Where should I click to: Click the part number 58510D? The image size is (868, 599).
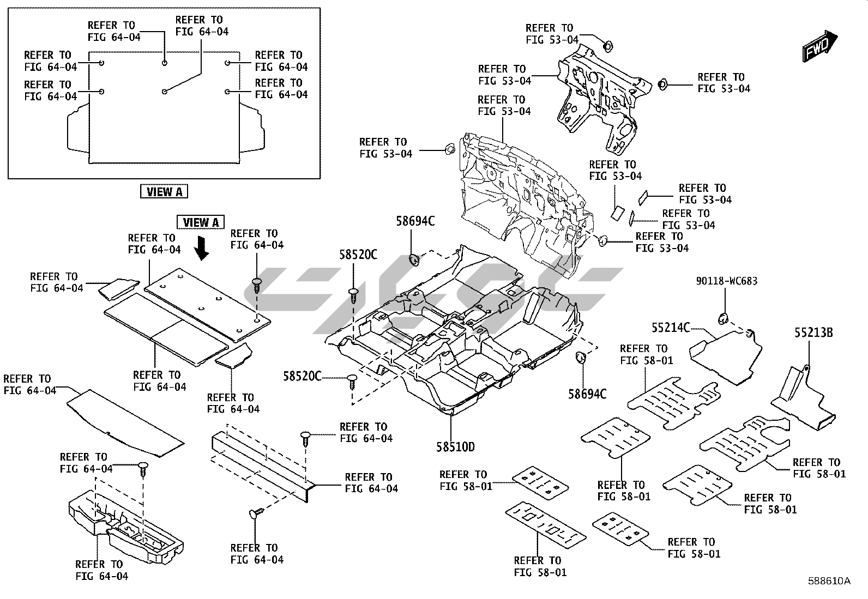(455, 447)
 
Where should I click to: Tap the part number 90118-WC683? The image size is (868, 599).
(726, 281)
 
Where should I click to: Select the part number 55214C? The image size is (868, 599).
(670, 328)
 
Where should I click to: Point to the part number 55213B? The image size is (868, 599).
(813, 332)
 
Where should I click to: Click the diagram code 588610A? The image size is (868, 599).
(829, 581)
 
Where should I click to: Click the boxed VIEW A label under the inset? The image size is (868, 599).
(164, 191)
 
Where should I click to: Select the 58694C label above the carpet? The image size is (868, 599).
(415, 221)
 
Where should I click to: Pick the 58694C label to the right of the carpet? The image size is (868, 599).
(587, 394)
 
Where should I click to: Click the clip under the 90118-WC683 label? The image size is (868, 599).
(725, 318)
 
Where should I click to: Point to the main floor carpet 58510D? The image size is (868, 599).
(453, 349)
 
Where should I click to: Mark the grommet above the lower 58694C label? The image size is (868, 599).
(580, 358)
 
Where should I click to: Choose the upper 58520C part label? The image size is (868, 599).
(358, 255)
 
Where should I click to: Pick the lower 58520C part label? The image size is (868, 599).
(303, 376)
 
